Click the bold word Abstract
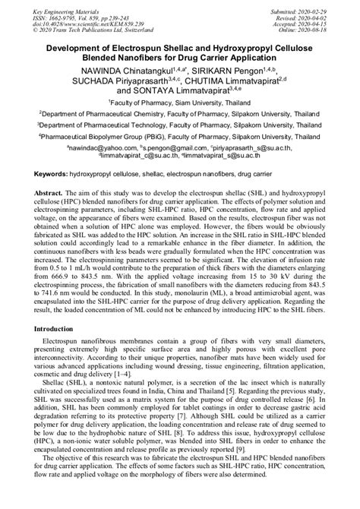[41, 194]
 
